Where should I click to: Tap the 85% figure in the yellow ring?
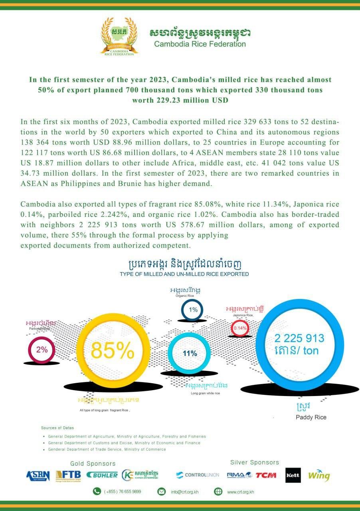pyautogui.click(x=113, y=350)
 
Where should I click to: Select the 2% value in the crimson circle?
pyautogui.click(x=42, y=350)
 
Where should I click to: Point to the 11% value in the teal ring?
pyautogui.click(x=190, y=353)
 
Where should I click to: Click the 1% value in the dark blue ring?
pyautogui.click(x=193, y=310)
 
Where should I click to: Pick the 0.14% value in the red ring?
pyautogui.click(x=241, y=328)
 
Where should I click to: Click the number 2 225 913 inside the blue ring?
pyautogui.click(x=299, y=339)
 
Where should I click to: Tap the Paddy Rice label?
pyautogui.click(x=311, y=417)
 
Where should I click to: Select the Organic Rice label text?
pyautogui.click(x=184, y=296)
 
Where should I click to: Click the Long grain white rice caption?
pyautogui.click(x=205, y=393)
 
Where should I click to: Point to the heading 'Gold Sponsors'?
pyautogui.click(x=93, y=463)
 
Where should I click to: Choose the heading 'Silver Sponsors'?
pyautogui.click(x=255, y=462)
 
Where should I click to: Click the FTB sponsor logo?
pyautogui.click(x=68, y=475)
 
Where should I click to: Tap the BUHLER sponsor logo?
pyautogui.click(x=102, y=475)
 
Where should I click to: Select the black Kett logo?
pyautogui.click(x=293, y=475)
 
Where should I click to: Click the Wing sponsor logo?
pyautogui.click(x=319, y=475)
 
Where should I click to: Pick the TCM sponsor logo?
pyautogui.click(x=266, y=475)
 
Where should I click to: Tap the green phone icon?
pyautogui.click(x=97, y=491)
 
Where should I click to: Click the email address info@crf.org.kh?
pyautogui.click(x=184, y=491)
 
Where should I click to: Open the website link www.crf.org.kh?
pyautogui.click(x=241, y=491)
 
